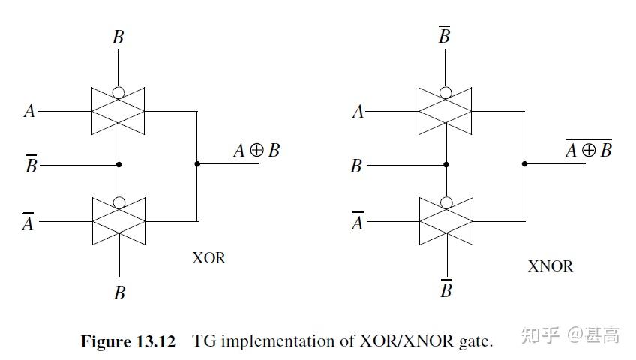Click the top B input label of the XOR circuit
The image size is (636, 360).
point(118,37)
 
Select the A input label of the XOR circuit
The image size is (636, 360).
point(29,112)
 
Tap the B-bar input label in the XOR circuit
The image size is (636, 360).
point(31,164)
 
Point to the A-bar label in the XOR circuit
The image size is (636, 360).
point(28,222)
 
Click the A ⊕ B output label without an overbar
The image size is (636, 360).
point(256,151)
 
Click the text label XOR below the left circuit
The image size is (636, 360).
point(208,258)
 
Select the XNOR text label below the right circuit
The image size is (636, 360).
point(550,266)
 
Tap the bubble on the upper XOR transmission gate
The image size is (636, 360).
point(118,93)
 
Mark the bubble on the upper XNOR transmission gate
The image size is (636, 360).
point(445,93)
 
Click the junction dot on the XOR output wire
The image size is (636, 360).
point(197,164)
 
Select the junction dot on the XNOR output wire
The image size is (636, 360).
point(524,164)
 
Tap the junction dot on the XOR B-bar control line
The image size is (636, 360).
point(118,164)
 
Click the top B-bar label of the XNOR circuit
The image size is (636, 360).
point(444,34)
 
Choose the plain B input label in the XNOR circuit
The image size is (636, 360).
point(356,166)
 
